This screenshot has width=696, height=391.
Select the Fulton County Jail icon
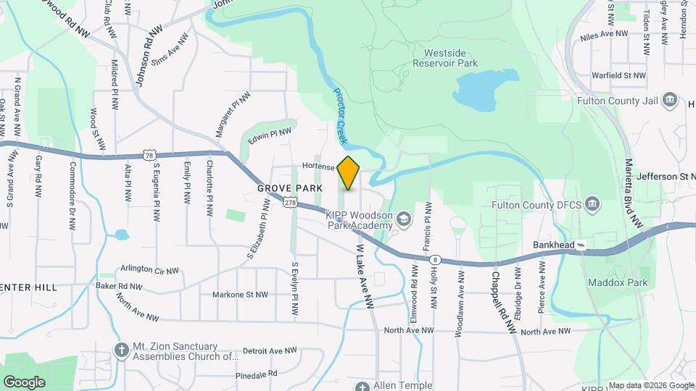click(x=670, y=100)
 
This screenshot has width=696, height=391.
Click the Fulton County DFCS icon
click(x=592, y=204)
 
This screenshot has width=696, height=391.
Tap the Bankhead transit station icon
click(x=582, y=245)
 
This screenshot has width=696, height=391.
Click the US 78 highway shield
click(x=149, y=156)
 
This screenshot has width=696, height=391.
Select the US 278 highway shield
click(x=291, y=203)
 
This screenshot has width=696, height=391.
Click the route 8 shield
click(x=434, y=258)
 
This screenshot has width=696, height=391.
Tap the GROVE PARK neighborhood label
click(x=289, y=188)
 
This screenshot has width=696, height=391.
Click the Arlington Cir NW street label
click(x=150, y=271)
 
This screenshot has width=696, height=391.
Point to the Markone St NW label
click(x=239, y=295)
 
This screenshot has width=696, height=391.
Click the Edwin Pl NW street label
click(x=269, y=135)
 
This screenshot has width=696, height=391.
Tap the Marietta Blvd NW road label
click(x=634, y=192)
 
